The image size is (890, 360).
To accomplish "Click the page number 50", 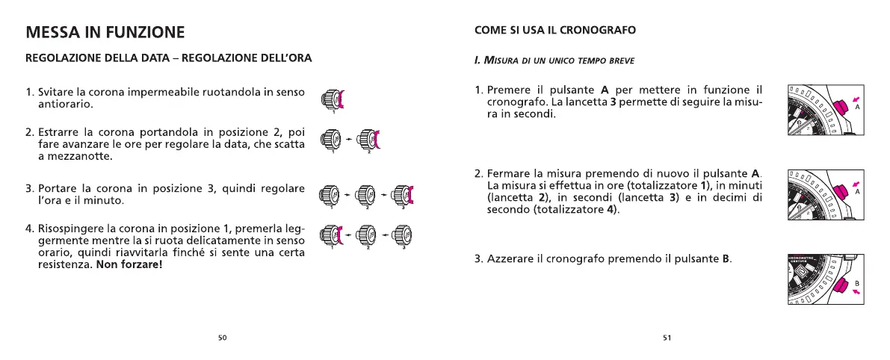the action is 222,338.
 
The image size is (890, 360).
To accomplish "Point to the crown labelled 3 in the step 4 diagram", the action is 401,238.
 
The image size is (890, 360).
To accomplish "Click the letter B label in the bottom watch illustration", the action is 857,283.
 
